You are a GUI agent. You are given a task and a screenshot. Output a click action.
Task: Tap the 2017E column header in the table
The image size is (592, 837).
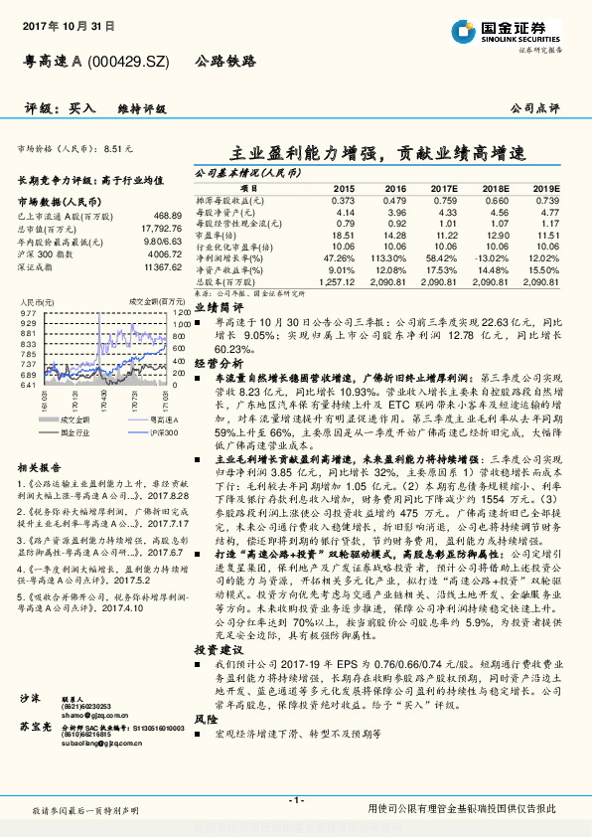click(x=443, y=187)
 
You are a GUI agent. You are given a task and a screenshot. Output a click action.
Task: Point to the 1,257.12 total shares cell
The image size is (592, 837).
click(x=339, y=282)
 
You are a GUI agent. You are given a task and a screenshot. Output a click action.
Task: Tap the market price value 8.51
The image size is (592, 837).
click(x=117, y=147)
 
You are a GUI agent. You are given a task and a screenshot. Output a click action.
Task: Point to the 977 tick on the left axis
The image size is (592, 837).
click(x=28, y=312)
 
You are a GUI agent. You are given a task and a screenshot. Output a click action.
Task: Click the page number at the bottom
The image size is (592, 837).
click(x=295, y=800)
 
